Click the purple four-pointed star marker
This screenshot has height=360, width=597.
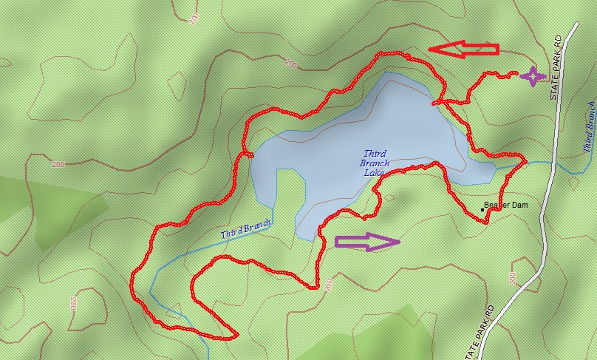pyautogui.click(x=532, y=76)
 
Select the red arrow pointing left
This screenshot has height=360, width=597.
pyautogui.click(x=464, y=49)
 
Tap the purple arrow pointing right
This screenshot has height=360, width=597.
pyautogui.click(x=367, y=242)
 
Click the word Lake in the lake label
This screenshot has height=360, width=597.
pyautogui.click(x=375, y=173)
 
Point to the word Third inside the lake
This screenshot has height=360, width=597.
pyautogui.click(x=375, y=154)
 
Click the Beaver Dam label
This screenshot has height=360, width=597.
pyautogui.click(x=506, y=205)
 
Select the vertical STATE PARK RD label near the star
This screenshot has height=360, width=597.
pyautogui.click(x=558, y=67)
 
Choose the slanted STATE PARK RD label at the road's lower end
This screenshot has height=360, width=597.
pyautogui.click(x=481, y=332)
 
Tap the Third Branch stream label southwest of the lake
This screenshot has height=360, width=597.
pyautogui.click(x=246, y=228)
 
